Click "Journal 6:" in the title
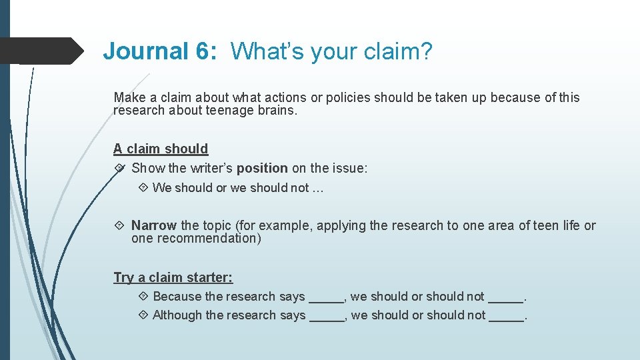pos(160,51)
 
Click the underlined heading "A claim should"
pos(161,149)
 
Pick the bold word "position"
pos(262,169)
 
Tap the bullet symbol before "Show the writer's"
pos(120,169)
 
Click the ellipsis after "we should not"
pos(317,188)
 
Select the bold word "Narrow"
pos(154,225)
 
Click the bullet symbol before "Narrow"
pos(120,225)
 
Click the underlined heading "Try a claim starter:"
pos(173,277)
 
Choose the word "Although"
pos(177,315)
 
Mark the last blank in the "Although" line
pos(506,317)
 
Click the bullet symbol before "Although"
pos(143,315)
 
